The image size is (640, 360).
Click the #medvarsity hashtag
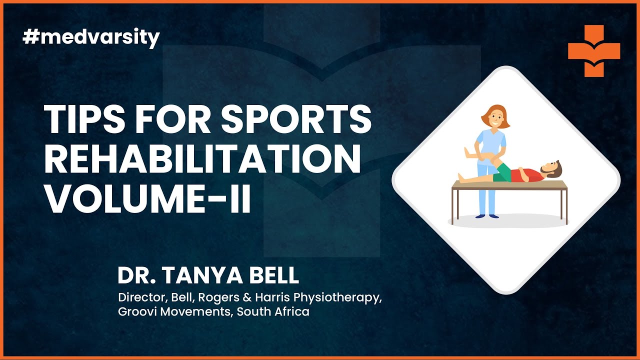point(91,38)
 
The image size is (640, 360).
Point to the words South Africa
point(273,311)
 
